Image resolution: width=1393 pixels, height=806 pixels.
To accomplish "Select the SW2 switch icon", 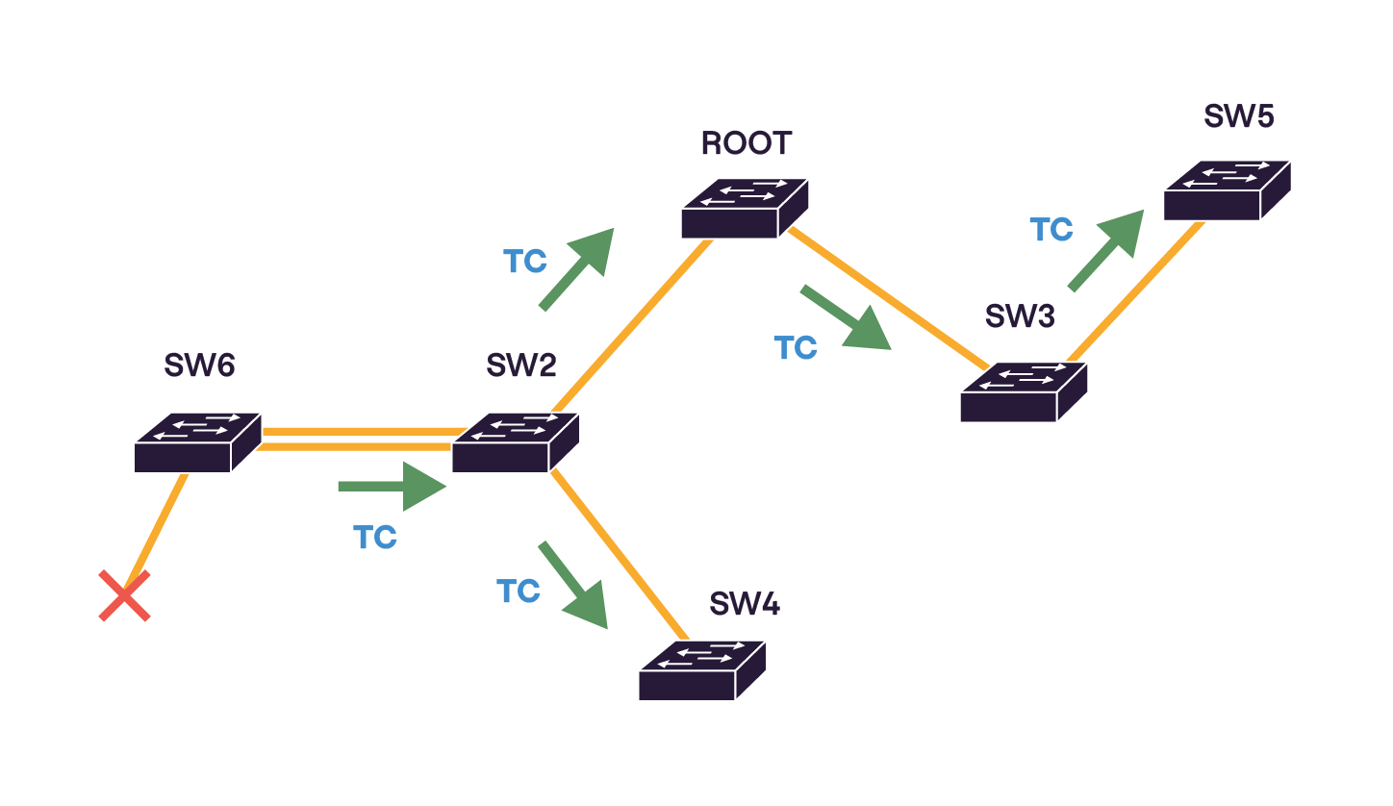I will point(515,442).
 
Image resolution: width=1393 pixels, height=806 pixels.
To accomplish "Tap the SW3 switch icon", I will point(1024,392).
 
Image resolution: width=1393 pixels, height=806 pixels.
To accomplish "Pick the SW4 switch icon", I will point(702,670).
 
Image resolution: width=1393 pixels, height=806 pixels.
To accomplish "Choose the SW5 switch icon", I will point(1227,190).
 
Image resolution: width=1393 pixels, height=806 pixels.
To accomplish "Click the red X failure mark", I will point(125,595).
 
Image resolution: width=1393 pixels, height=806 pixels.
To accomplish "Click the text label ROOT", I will point(746,143).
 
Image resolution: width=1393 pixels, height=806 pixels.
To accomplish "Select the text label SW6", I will point(199,365).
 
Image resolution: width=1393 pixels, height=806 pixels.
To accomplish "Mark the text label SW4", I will point(745,604).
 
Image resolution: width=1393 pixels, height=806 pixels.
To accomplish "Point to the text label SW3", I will point(1020,316).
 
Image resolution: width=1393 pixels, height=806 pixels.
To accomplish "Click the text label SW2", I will point(520,365).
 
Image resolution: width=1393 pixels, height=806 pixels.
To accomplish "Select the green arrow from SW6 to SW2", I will point(393,487).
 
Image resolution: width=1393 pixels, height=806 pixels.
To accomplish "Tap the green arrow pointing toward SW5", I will point(1105,249).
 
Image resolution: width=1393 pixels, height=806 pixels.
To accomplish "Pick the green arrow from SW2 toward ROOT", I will point(576,269).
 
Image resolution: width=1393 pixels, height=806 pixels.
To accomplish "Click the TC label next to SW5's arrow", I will point(1051,230).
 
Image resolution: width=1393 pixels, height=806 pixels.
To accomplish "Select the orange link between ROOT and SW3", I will point(887,299).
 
